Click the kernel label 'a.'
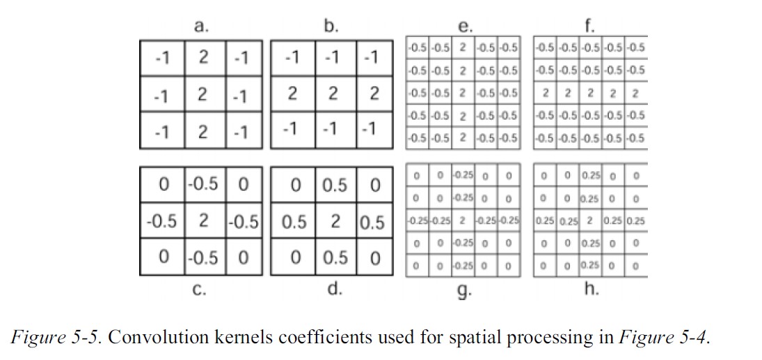tap(201, 27)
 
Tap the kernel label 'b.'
tap(331, 27)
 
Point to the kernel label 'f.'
tap(591, 29)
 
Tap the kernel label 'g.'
tap(463, 292)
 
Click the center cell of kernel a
tap(202, 94)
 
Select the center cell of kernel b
tap(333, 94)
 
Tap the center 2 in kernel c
tap(202, 221)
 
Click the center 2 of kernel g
tap(463, 221)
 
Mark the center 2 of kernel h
tap(590, 221)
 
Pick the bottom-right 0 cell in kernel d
tap(374, 257)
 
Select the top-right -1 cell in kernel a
tap(241, 58)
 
